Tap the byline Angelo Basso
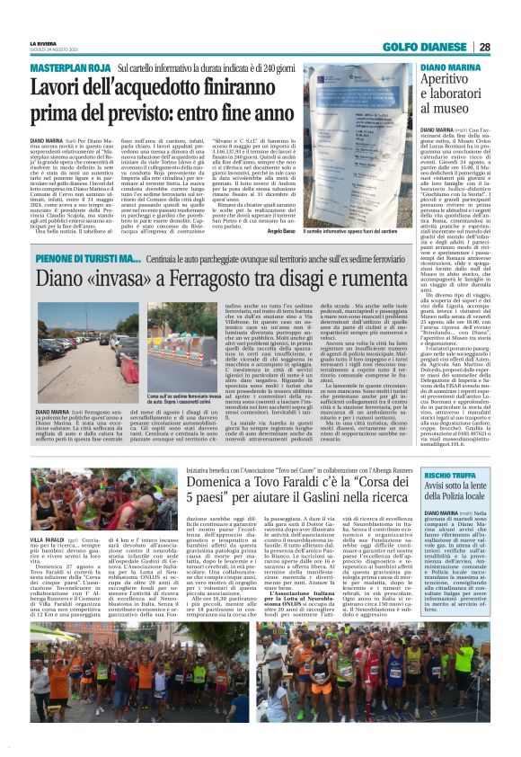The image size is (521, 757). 281,231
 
